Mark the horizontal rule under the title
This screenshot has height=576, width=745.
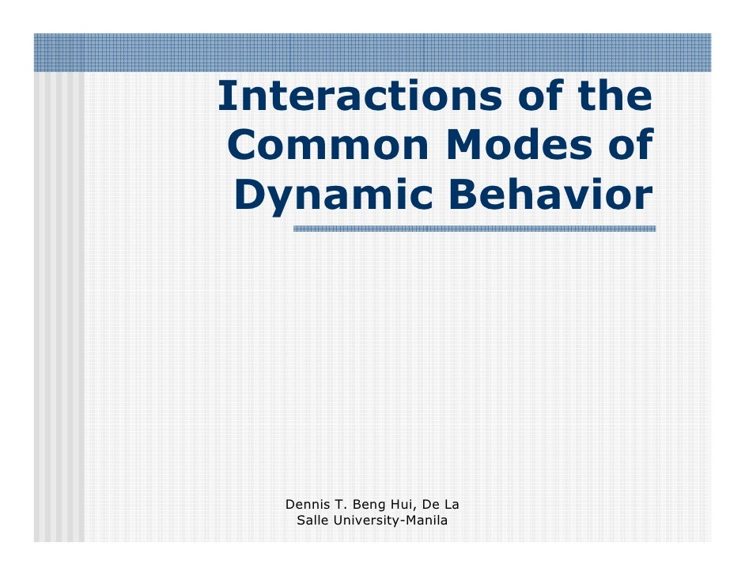coord(474,229)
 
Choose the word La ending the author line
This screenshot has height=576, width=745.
coord(453,504)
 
